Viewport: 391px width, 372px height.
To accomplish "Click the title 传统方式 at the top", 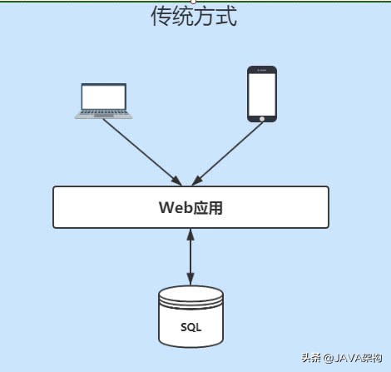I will pyautogui.click(x=193, y=16).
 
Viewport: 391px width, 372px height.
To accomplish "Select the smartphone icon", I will pyautogui.click(x=262, y=95).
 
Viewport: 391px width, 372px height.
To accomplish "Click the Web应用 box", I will pyautogui.click(x=191, y=207).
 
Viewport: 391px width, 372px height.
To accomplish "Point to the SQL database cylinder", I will pyautogui.click(x=191, y=317).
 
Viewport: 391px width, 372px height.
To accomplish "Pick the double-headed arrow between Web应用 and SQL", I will pyautogui.click(x=191, y=257).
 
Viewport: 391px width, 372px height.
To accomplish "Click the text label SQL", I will pyautogui.click(x=191, y=326).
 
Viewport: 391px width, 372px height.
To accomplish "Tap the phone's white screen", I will pyautogui.click(x=262, y=92).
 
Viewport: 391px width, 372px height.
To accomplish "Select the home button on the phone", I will pyautogui.click(x=262, y=118).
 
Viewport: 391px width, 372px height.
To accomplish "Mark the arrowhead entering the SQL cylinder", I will pyautogui.click(x=191, y=280).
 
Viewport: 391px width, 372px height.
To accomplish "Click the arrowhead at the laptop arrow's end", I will pyautogui.click(x=176, y=181).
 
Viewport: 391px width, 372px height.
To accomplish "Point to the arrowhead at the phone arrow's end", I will pyautogui.click(x=197, y=181).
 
